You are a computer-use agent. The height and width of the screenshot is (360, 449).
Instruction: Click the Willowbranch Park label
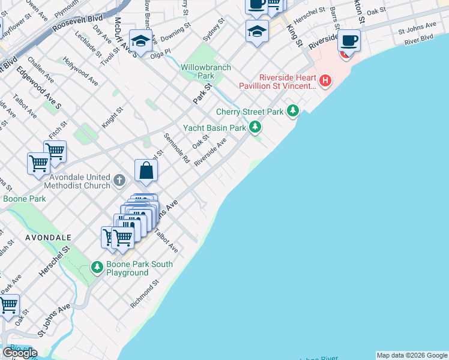tap(206, 72)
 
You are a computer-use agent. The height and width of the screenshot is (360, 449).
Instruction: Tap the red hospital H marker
tap(325, 80)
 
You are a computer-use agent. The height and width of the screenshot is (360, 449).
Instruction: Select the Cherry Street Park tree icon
tap(292, 111)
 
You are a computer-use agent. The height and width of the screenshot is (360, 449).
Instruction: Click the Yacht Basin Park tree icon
tap(255, 127)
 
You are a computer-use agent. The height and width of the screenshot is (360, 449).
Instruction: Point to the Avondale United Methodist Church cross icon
tap(119, 180)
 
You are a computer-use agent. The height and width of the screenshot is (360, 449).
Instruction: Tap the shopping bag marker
tap(146, 170)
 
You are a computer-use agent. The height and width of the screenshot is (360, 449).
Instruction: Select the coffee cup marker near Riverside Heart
tap(349, 41)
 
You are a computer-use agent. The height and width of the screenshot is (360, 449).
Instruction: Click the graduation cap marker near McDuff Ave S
tap(140, 40)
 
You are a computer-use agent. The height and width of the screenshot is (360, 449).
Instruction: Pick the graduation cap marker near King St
tap(257, 31)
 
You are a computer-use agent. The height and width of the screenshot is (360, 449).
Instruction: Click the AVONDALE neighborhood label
tap(49, 238)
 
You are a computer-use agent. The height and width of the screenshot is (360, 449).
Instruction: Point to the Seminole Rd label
tap(178, 149)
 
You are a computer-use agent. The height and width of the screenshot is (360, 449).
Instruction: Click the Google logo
tap(19, 353)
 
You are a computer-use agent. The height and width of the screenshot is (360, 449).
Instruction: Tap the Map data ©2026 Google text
tap(412, 355)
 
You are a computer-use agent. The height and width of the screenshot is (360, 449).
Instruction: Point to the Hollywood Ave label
tap(80, 71)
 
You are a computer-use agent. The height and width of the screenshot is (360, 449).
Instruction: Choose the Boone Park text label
tap(24, 199)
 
